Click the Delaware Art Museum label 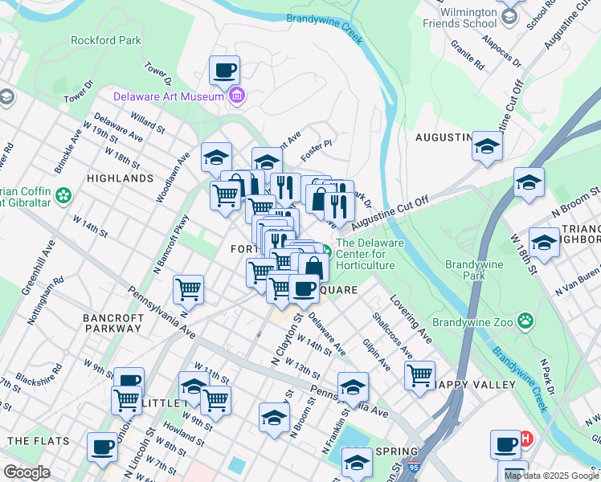[167, 96]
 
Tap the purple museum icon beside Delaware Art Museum [237, 97]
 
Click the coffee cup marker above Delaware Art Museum [225, 70]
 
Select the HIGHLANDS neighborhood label [120, 178]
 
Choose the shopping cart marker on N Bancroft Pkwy [189, 288]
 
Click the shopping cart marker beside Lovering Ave [419, 375]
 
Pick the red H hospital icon [526, 439]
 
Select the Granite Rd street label [467, 55]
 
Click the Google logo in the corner [27, 472]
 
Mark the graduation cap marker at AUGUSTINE [487, 146]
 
